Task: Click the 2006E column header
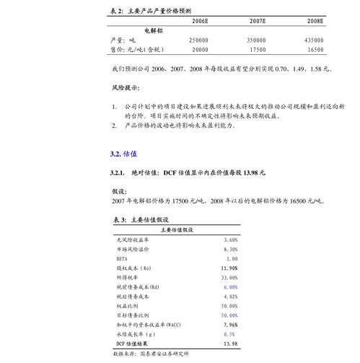(200, 22)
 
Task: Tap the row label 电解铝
(154, 31)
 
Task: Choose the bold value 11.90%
(229, 268)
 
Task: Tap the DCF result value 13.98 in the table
(230, 344)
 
